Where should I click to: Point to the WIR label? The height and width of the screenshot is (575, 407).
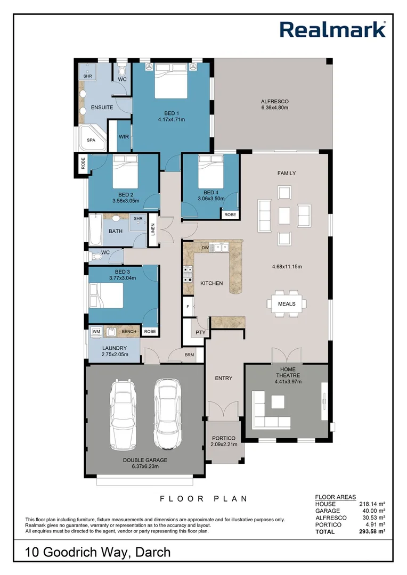tap(124, 137)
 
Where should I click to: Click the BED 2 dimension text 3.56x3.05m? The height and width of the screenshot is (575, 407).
tap(126, 201)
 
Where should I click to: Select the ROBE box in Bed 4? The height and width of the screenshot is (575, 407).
tap(230, 215)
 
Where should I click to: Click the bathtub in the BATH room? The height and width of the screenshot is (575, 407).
tap(96, 229)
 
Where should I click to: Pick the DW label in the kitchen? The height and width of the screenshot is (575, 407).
tap(205, 248)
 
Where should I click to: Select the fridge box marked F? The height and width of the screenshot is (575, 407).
tap(188, 307)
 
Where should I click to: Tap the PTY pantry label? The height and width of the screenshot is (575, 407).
tap(200, 333)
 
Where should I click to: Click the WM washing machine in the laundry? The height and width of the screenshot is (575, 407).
tap(96, 332)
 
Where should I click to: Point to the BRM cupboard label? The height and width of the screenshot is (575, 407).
tap(189, 355)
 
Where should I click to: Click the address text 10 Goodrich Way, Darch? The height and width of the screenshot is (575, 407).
tap(98, 552)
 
